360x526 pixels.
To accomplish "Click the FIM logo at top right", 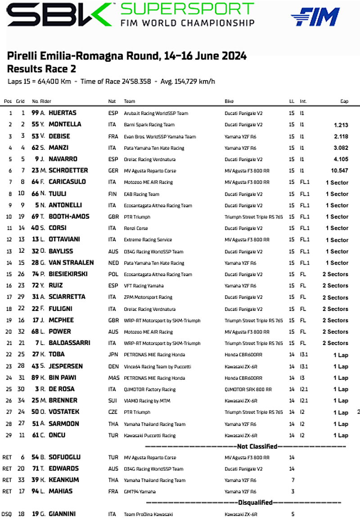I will click(x=315, y=17).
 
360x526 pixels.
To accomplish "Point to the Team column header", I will click(x=130, y=101).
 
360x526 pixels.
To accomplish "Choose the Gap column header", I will click(x=344, y=101).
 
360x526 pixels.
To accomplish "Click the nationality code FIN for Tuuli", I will click(x=112, y=194).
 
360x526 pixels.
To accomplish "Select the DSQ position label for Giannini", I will click(x=7, y=514).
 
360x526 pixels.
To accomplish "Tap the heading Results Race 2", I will click(x=41, y=69).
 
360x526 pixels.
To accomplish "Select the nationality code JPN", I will click(x=113, y=355).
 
